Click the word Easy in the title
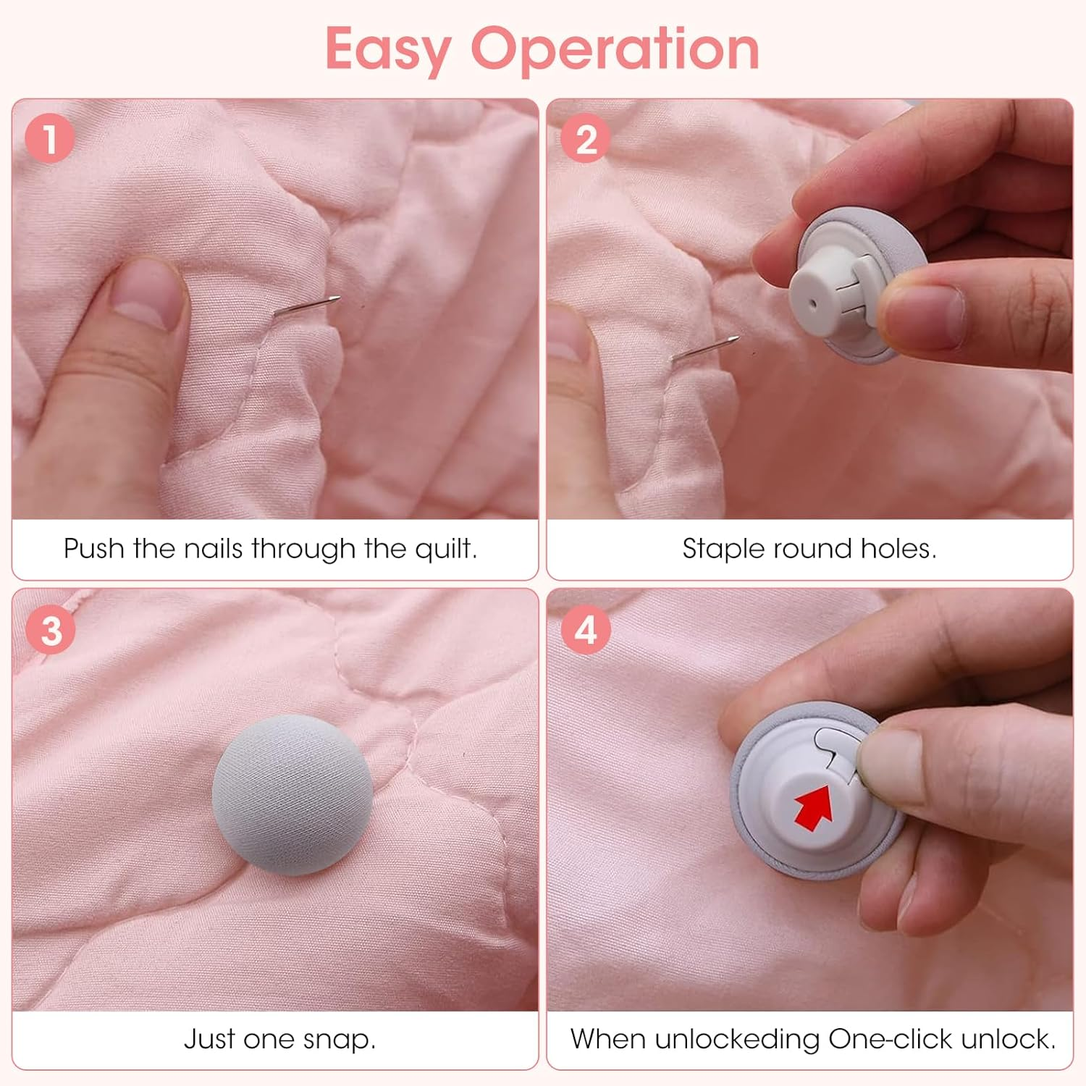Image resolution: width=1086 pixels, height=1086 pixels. click(x=388, y=49)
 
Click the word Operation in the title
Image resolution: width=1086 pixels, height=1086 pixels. click(x=615, y=49)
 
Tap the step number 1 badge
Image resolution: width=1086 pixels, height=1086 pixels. click(x=50, y=138)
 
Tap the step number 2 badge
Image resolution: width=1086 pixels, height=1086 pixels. click(x=586, y=138)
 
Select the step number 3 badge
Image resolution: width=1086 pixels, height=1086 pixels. click(x=51, y=630)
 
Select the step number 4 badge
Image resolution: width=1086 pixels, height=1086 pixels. click(x=586, y=630)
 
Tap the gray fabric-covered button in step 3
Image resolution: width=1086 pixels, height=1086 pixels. click(x=292, y=794)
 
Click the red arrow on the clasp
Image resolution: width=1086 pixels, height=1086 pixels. click(x=814, y=807)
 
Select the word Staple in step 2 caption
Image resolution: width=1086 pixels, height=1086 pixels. click(x=724, y=550)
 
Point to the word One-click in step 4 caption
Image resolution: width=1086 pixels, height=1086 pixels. click(x=891, y=1040)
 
